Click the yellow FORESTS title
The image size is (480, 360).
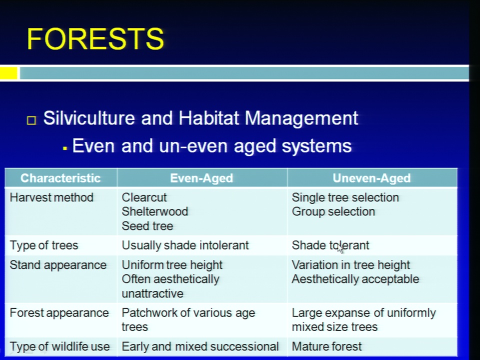(95, 38)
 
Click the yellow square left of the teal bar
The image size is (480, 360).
(8, 73)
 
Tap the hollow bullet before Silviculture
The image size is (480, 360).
(31, 120)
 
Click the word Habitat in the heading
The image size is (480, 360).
(208, 118)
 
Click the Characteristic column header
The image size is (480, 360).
(60, 178)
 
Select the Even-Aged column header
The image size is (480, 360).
(201, 178)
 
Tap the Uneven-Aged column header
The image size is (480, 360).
(371, 178)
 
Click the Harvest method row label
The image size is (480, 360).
(51, 197)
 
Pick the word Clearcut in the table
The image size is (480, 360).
(144, 197)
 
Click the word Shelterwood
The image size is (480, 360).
(155, 211)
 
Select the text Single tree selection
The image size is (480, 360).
(345, 198)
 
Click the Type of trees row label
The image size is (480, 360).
(44, 245)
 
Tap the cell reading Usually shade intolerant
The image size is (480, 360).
(185, 245)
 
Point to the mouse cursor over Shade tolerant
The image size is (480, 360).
(340, 249)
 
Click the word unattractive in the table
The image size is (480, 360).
(152, 293)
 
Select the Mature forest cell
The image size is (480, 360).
(326, 346)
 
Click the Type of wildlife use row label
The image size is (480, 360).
(59, 346)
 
